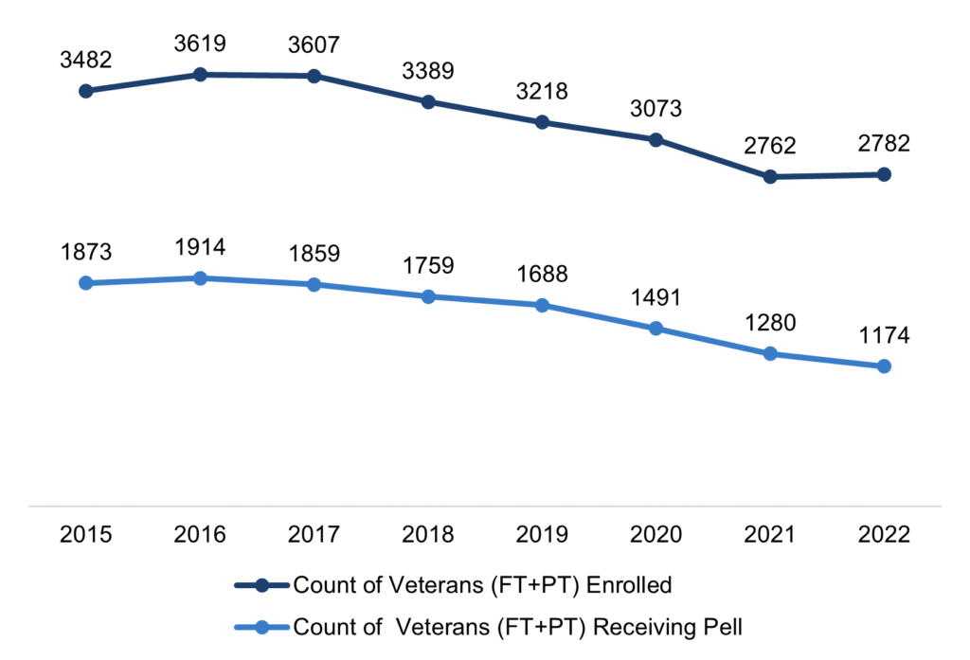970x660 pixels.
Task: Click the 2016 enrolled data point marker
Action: tap(200, 74)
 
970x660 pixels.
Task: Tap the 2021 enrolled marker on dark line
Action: tap(770, 177)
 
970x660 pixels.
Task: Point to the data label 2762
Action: tap(770, 146)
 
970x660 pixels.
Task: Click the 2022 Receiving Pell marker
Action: tap(884, 366)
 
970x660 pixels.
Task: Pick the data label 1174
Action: tap(884, 335)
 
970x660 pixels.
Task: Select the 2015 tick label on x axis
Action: tap(86, 535)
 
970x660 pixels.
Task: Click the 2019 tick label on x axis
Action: tap(542, 535)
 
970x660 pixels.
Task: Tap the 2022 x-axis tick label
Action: tap(884, 535)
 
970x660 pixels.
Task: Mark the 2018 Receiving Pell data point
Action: tap(428, 296)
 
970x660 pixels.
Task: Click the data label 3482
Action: tap(86, 60)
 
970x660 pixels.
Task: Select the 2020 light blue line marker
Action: tap(656, 329)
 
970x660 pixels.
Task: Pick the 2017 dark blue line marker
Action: tap(314, 76)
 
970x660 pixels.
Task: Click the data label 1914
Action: tap(200, 247)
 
